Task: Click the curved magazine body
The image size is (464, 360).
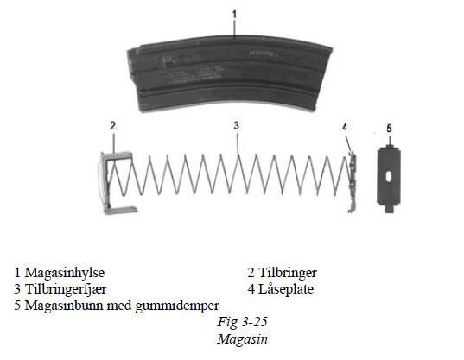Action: (228, 74)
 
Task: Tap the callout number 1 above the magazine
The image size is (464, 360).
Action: (234, 14)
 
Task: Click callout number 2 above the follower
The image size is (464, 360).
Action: (112, 126)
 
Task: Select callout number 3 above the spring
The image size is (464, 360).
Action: (236, 126)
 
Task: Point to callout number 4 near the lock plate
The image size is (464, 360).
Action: (345, 128)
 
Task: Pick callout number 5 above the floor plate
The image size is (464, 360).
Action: (389, 129)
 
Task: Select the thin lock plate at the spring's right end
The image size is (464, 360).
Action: (353, 182)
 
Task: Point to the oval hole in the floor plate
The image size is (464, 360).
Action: (389, 176)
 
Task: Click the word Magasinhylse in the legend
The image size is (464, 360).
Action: (64, 273)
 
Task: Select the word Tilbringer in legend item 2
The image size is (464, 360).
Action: (288, 273)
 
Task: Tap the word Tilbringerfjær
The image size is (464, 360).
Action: (66, 289)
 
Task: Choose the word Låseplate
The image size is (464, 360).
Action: (286, 288)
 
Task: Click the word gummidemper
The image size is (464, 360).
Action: (177, 306)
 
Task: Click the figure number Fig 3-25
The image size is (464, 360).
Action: (242, 321)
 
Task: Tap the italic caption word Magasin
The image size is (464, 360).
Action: (242, 338)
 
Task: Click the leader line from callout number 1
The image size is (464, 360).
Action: (235, 29)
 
